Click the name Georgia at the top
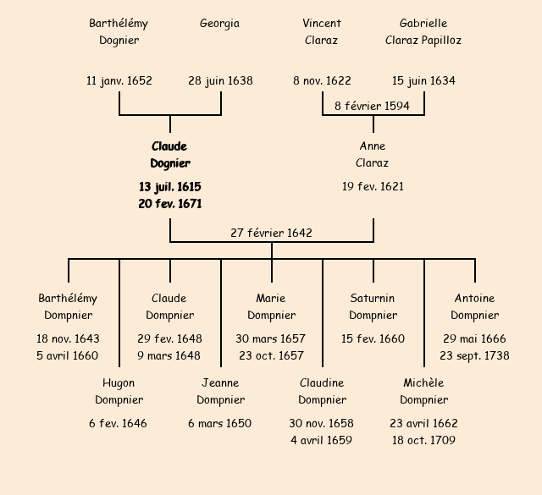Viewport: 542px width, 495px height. pyautogui.click(x=219, y=24)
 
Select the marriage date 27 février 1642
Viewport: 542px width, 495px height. pyautogui.click(x=272, y=233)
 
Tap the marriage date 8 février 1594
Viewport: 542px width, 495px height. pyautogui.click(x=373, y=106)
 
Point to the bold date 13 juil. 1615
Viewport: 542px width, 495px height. pyautogui.click(x=170, y=186)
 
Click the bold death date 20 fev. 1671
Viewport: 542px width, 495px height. pyautogui.click(x=170, y=203)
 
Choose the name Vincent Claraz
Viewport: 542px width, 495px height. pyautogui.click(x=322, y=31)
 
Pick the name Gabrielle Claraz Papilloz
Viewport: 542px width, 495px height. pyautogui.click(x=423, y=31)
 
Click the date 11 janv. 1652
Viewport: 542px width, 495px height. pyautogui.click(x=119, y=81)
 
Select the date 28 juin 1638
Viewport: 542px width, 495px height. pyautogui.click(x=220, y=81)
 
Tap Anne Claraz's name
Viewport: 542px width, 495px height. pyautogui.click(x=373, y=155)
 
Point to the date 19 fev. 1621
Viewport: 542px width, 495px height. pyautogui.click(x=373, y=186)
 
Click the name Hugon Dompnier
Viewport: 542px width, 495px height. pyautogui.click(x=119, y=392)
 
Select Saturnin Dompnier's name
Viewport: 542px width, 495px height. pyautogui.click(x=373, y=307)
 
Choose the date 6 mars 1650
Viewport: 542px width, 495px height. pyautogui.click(x=220, y=423)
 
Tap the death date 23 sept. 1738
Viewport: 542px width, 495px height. pyautogui.click(x=474, y=355)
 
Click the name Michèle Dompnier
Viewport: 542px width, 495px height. pyautogui.click(x=423, y=392)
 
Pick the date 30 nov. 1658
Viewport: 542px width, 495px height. pyautogui.click(x=322, y=423)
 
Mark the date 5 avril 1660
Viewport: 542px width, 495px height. pyautogui.click(x=68, y=355)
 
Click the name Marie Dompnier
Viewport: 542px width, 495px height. pyautogui.click(x=271, y=307)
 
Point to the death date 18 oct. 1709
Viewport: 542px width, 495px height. pyautogui.click(x=423, y=440)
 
